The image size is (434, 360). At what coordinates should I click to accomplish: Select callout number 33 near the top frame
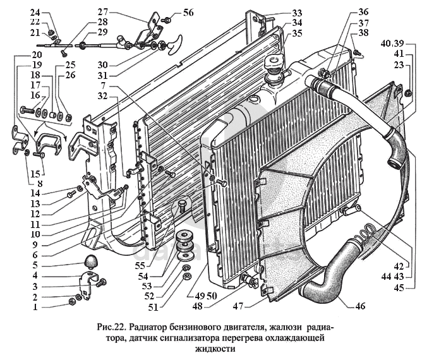pos(297,12)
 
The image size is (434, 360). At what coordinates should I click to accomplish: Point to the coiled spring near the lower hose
pos(360,238)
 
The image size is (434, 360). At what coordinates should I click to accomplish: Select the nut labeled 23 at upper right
pos(407,93)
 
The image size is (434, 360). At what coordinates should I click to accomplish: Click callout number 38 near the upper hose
pos(363,33)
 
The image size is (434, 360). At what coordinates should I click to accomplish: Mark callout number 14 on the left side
pos(35,192)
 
